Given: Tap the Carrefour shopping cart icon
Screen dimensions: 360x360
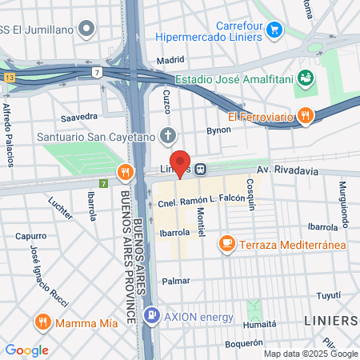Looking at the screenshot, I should pos(274,30).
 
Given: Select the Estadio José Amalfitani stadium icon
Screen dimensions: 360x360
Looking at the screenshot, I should pos(305,78).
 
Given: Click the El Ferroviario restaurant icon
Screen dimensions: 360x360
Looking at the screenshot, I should pos(305,117).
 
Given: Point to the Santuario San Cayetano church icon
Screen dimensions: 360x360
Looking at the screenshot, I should pos(167,134).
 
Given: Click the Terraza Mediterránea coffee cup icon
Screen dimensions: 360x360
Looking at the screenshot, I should pos(227,242).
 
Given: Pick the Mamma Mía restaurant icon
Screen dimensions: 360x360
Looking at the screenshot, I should pos(43,322).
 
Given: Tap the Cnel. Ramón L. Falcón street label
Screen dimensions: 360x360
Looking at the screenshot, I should pos(200,201).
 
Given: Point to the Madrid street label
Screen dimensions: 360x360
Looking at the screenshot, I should pos(170,59).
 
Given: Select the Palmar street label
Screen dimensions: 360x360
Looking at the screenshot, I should pos(175,281).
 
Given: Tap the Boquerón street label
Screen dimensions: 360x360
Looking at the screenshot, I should pos(245,342).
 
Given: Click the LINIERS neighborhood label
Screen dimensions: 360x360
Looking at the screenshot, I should pos(330,321).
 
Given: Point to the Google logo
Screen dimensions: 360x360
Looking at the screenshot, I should pos(26,350).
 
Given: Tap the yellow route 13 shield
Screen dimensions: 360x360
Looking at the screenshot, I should pos(10,78).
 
